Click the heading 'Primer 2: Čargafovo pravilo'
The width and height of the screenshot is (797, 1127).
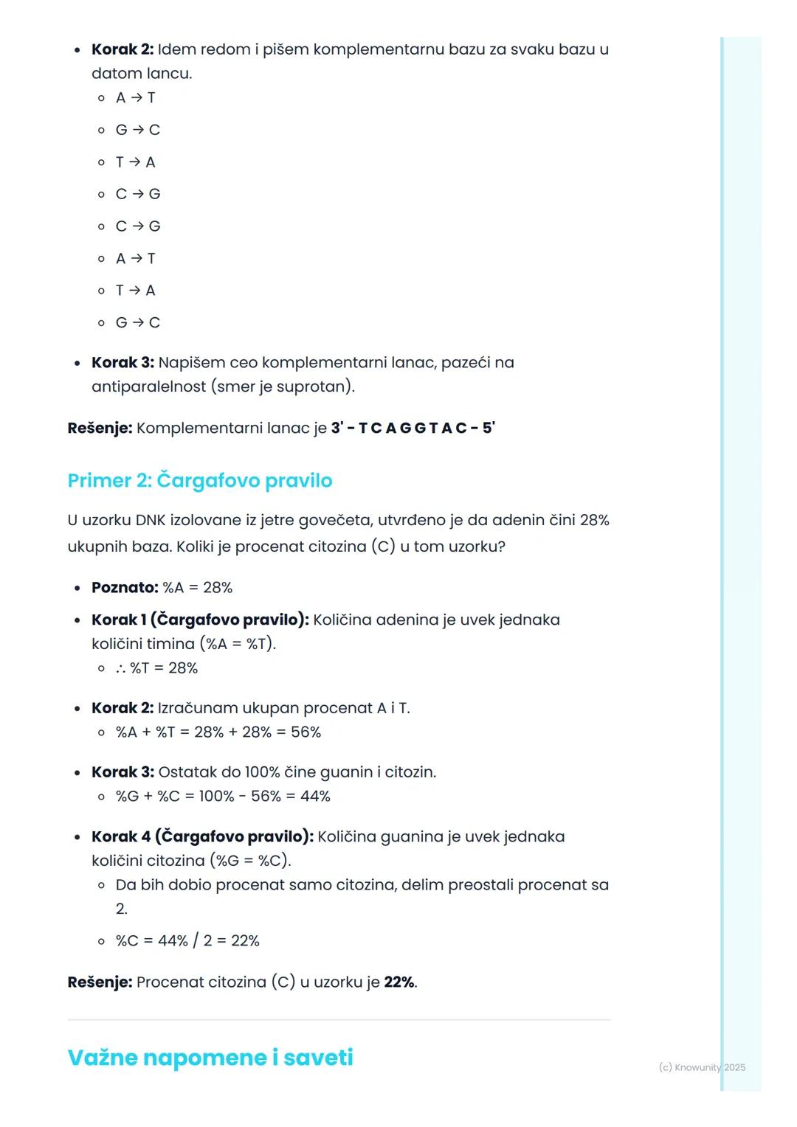[x=199, y=480]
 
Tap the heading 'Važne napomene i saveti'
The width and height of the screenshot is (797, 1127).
[x=210, y=1057]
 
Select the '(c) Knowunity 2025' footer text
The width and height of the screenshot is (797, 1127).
[x=701, y=1067]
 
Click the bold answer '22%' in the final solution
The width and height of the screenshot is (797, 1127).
[x=399, y=982]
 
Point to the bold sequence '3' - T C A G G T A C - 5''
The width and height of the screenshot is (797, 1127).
[x=413, y=428]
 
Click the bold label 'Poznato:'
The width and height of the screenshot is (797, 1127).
[x=125, y=587]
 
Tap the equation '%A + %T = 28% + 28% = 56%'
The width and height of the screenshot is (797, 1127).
[x=218, y=732]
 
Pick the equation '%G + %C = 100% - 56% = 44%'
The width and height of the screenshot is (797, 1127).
[x=223, y=796]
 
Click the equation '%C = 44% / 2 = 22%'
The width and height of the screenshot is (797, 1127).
[x=187, y=940]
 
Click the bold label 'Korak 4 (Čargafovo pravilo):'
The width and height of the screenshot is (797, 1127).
[x=202, y=836]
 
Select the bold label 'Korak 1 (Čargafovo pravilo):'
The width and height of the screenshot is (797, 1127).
[x=200, y=620]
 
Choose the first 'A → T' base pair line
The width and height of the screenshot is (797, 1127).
[x=136, y=97]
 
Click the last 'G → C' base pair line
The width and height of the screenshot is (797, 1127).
[x=138, y=322]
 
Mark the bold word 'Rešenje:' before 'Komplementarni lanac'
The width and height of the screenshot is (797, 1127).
[x=100, y=428]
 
